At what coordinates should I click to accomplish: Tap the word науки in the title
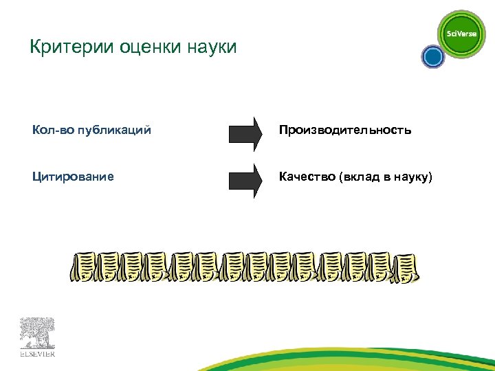click(x=211, y=47)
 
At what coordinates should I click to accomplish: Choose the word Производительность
click(x=345, y=130)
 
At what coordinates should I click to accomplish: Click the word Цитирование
click(x=73, y=177)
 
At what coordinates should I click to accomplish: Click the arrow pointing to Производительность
click(x=245, y=132)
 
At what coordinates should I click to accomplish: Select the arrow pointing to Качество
click(x=245, y=180)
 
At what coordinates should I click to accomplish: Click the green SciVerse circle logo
click(x=462, y=33)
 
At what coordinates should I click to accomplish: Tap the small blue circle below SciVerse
click(x=433, y=57)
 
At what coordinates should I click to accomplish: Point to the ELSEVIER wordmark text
click(x=37, y=355)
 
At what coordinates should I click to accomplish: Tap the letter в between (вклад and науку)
click(x=388, y=177)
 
